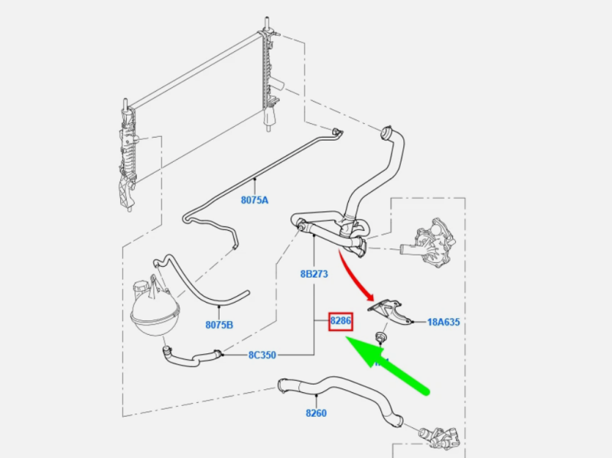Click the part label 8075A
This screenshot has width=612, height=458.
point(255,200)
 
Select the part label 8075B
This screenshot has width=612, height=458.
point(219,325)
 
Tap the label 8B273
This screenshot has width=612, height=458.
point(314,273)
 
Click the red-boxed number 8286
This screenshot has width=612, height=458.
point(340,322)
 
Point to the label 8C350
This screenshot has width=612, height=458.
point(261,355)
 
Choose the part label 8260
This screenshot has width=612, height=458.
point(316,414)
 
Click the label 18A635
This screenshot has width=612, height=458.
point(444,323)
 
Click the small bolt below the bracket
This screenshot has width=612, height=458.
point(379,338)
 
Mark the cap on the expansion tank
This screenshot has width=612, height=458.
point(139,289)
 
